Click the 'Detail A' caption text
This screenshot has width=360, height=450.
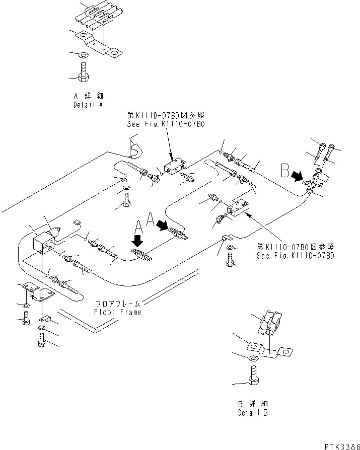[88, 106]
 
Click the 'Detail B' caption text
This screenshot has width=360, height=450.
[253, 413]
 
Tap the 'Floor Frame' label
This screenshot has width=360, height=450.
[118, 312]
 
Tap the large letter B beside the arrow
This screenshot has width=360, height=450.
[285, 174]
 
